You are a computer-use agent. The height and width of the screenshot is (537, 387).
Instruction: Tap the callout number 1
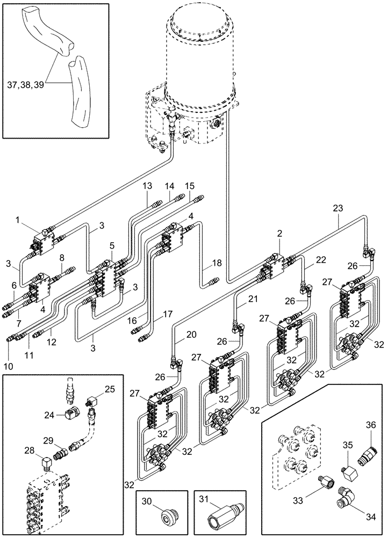(18, 220)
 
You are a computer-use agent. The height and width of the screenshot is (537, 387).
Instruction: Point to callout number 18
(217, 263)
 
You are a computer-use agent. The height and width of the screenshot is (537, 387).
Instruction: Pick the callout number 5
(111, 245)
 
